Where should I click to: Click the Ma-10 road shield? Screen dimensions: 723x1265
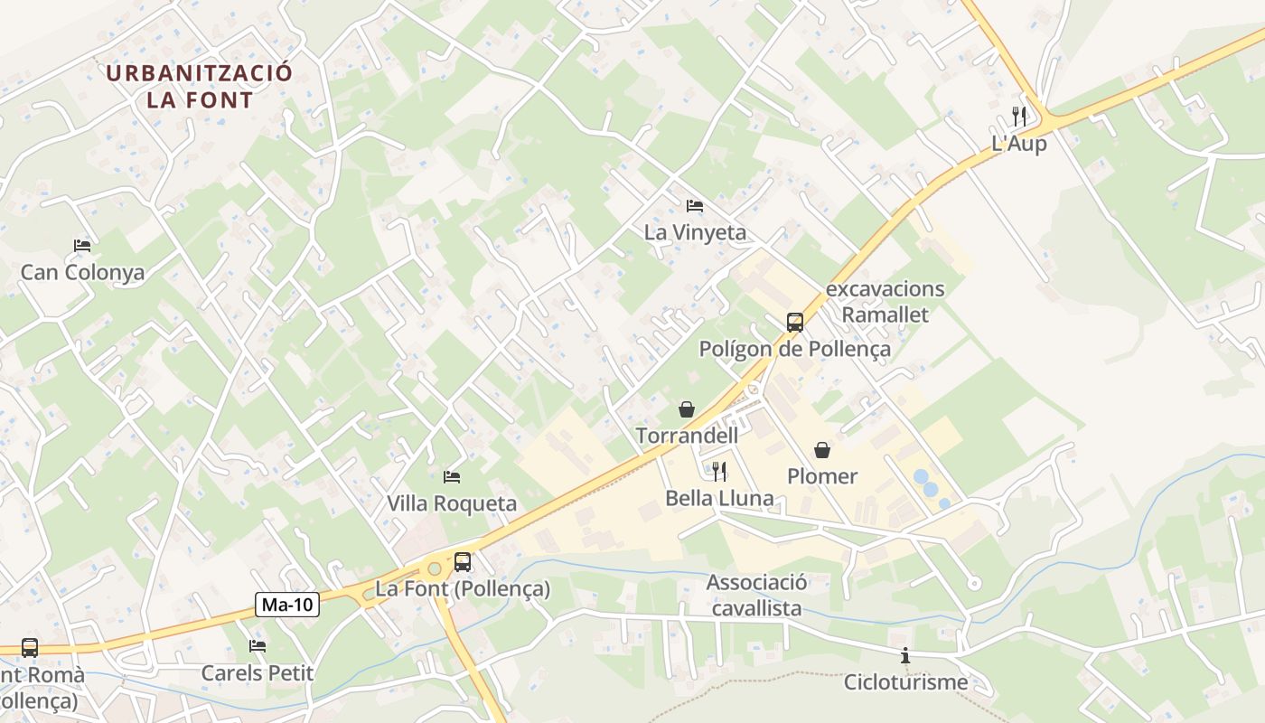pos(288,605)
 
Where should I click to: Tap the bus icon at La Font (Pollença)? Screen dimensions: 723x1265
pos(462,561)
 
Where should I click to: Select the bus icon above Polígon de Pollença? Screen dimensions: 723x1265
pos(794,322)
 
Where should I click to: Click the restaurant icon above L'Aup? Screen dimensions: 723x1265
pos(1019,116)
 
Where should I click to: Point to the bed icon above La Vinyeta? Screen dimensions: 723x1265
pos(694,206)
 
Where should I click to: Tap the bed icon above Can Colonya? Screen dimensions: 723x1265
pos(82,246)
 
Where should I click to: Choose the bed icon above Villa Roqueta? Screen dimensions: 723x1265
pos(452,476)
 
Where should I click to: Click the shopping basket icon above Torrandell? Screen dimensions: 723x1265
pos(687,409)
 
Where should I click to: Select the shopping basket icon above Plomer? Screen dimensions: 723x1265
pos(822,449)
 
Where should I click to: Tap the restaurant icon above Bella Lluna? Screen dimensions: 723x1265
pos(719,471)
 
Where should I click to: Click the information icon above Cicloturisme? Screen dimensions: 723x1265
pos(904,655)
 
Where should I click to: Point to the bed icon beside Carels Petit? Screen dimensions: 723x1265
pos(258,646)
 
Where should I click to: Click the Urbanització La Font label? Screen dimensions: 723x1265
pos(199,86)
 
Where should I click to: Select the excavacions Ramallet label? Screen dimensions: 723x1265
pos(885,302)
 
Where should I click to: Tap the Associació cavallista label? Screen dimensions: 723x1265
pos(756,595)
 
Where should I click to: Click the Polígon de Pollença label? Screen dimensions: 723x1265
pos(794,349)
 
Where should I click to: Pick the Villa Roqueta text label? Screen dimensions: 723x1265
pos(452,503)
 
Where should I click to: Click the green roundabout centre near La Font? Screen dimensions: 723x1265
pos(434,568)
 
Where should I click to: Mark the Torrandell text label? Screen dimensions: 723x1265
pos(687,436)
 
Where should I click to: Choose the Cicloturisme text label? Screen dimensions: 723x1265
pos(905,682)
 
